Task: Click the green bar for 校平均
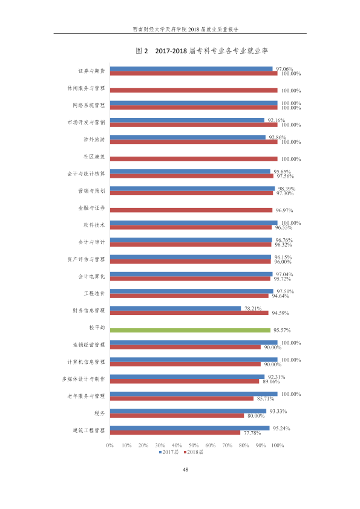pyautogui.click(x=190, y=330)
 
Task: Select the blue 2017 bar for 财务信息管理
pyautogui.click(x=175, y=308)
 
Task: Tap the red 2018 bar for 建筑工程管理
pyautogui.click(x=175, y=433)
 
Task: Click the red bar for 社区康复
pyautogui.click(x=194, y=159)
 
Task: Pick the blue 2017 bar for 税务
pyautogui.click(x=188, y=411)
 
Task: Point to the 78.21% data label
pyautogui.click(x=253, y=308)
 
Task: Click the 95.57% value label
pyautogui.click(x=282, y=330)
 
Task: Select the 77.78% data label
pyautogui.click(x=252, y=433)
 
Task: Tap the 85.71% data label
pyautogui.click(x=266, y=398)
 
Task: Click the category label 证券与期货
pyautogui.click(x=91, y=71)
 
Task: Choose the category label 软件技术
pyautogui.click(x=94, y=225)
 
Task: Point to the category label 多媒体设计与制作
pyautogui.click(x=83, y=379)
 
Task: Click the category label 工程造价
pyautogui.click(x=94, y=293)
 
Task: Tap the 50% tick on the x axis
pyautogui.click(x=194, y=446)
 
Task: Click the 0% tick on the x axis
pyautogui.click(x=110, y=446)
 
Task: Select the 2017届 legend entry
pyautogui.click(x=169, y=452)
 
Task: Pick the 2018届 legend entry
pyautogui.click(x=194, y=452)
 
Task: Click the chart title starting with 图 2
pyautogui.click(x=201, y=51)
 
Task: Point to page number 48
pyautogui.click(x=186, y=469)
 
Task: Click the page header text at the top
pyautogui.click(x=186, y=29)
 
